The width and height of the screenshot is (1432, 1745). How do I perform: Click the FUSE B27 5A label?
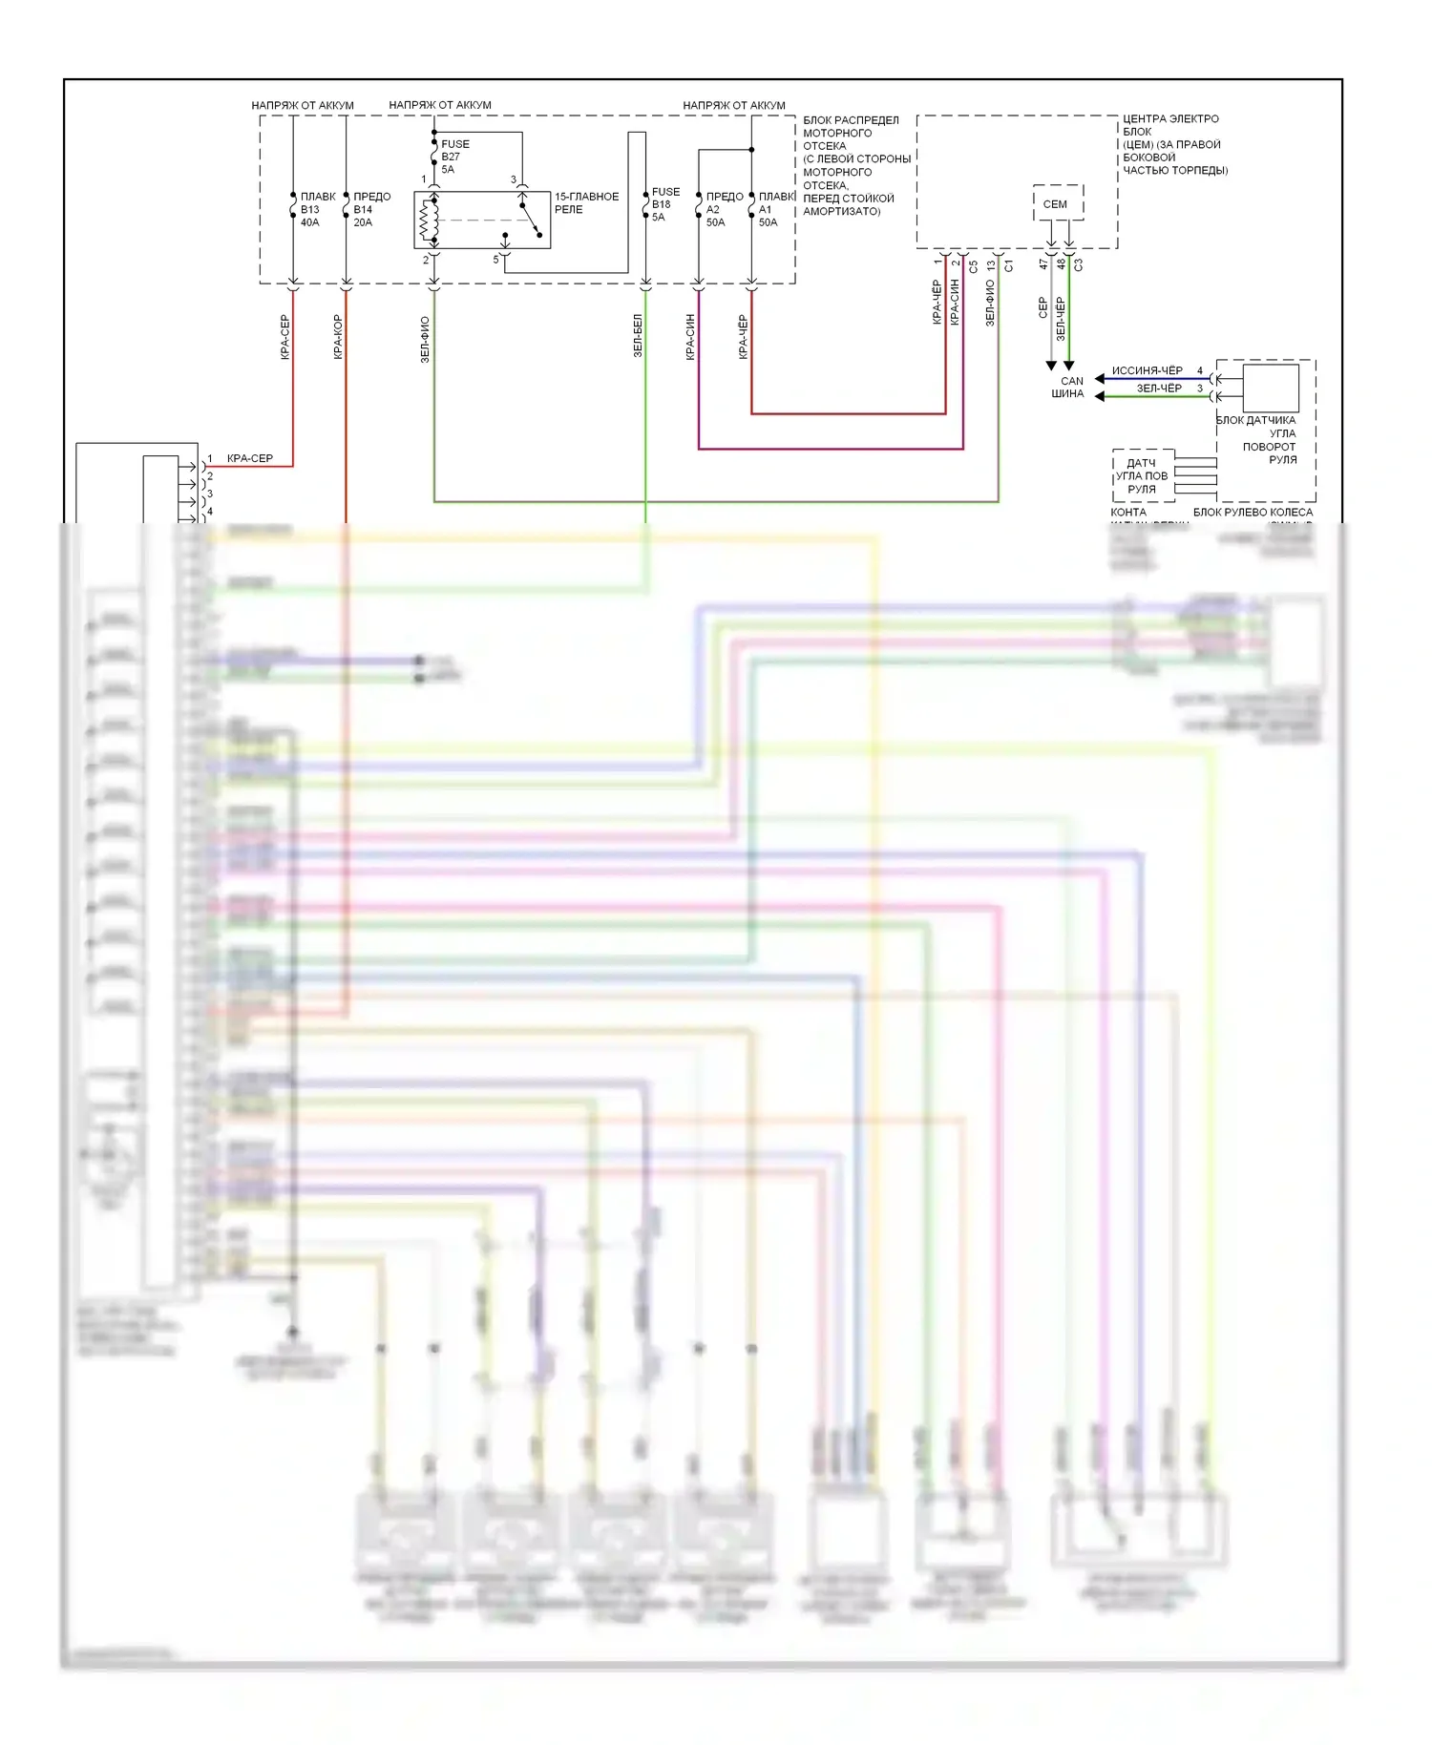(x=454, y=157)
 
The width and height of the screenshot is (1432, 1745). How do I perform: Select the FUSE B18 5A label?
(x=664, y=204)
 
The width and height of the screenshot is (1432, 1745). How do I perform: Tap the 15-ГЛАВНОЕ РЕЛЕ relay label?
(x=586, y=202)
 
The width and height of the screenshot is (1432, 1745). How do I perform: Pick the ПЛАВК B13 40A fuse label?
(x=317, y=209)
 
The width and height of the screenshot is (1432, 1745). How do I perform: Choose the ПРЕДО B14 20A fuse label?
(x=371, y=209)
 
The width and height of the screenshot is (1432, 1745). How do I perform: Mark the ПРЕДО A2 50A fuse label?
(x=724, y=209)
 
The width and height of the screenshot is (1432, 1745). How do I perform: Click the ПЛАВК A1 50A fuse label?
(x=775, y=209)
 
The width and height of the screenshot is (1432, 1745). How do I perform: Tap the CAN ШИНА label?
(x=1069, y=387)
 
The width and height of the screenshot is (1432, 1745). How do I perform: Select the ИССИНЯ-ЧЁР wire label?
(x=1147, y=370)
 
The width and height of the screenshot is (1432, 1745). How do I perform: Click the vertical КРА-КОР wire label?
(x=338, y=336)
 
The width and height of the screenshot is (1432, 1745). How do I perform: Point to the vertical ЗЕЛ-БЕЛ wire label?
(x=638, y=336)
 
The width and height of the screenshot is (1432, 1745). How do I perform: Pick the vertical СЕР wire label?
(x=1042, y=307)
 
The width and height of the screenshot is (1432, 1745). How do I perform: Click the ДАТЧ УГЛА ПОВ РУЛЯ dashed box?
(x=1143, y=475)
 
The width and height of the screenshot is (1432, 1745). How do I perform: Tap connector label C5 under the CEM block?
(x=974, y=266)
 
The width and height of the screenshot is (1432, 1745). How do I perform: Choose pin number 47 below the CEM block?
(x=1043, y=264)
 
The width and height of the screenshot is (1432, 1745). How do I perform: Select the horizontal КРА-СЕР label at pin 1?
(x=250, y=458)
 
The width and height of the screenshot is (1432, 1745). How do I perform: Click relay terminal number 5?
(x=495, y=260)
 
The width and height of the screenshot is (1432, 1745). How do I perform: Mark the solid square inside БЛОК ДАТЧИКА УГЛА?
(x=1271, y=388)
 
